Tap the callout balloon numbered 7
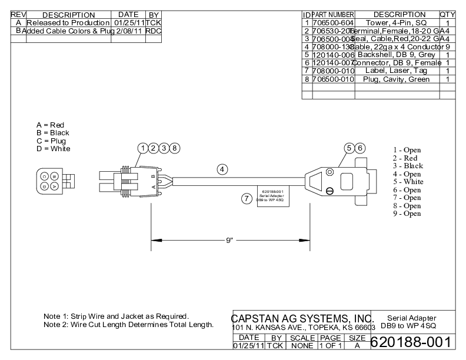pyautogui.click(x=247, y=198)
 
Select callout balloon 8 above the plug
pyautogui.click(x=175, y=148)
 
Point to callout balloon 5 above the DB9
pyautogui.click(x=349, y=148)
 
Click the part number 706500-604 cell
pyautogui.click(x=332, y=23)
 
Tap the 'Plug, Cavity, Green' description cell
pyautogui.click(x=397, y=79)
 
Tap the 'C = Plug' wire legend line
pyautogui.click(x=51, y=141)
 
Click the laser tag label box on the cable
pyautogui.click(x=271, y=195)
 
